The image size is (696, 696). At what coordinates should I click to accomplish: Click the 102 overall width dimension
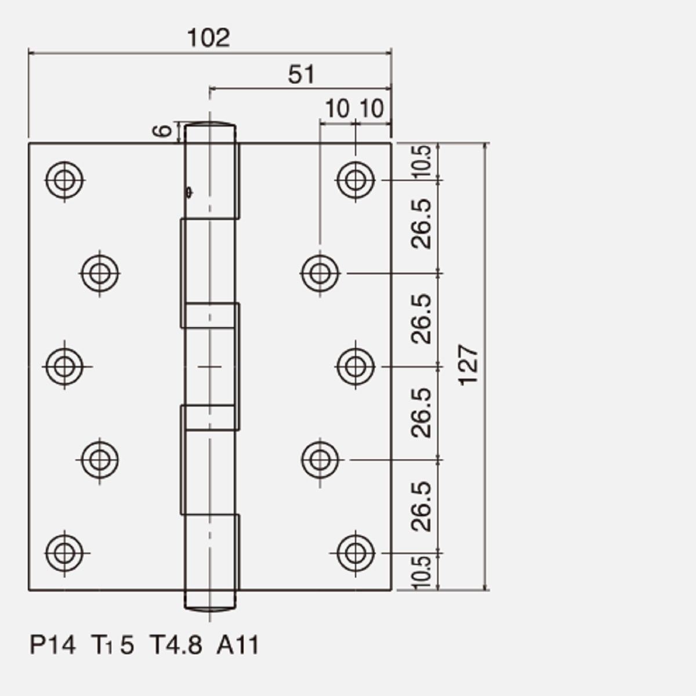(208, 38)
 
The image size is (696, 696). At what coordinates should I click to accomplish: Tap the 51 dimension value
(301, 74)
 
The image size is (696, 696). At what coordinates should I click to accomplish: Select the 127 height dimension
(468, 365)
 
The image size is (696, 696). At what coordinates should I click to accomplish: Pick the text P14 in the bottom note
(53, 645)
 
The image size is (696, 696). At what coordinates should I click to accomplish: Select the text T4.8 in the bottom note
(176, 645)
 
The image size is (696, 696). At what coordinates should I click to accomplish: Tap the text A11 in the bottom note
(238, 645)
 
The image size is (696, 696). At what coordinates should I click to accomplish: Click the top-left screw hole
(64, 180)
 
